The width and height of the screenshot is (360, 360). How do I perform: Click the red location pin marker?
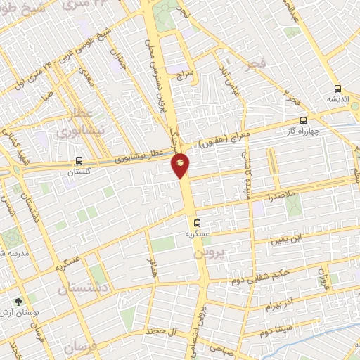(x=181, y=165)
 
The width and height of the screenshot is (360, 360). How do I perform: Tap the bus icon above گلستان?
(x=79, y=160)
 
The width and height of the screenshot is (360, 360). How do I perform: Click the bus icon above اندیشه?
(x=338, y=89)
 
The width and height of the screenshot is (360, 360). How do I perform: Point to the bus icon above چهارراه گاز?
(x=303, y=120)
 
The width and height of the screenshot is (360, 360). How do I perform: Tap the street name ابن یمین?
(x=289, y=239)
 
